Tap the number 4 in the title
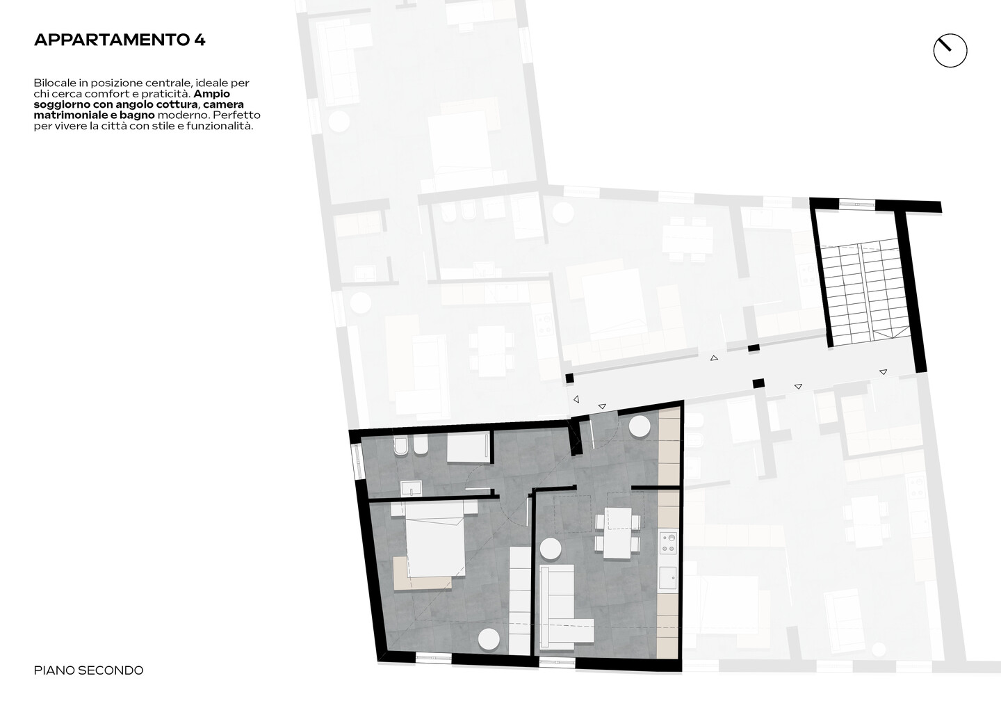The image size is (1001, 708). point(200,40)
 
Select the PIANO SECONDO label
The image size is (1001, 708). point(88,670)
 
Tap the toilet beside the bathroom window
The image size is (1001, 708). point(400,446)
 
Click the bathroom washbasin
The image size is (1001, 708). point(412,488)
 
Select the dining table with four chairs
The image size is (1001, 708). point(617,533)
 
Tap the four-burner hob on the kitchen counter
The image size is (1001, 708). point(669,542)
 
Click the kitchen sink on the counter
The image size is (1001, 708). point(669,579)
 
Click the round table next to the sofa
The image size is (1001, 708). point(550,548)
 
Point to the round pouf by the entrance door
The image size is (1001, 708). point(640,426)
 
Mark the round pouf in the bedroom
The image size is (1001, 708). point(489,640)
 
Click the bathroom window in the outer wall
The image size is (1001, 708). point(357,461)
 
